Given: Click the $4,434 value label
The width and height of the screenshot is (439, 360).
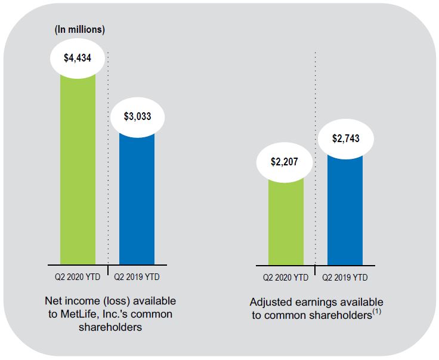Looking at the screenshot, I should (78, 57).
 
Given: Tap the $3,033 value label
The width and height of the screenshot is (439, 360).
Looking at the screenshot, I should (137, 116).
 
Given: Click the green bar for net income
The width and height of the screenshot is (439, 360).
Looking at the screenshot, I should (78, 173).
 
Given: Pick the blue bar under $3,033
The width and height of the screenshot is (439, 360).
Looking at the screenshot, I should (137, 200).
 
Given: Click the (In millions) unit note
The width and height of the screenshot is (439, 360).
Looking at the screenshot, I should (79, 29).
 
